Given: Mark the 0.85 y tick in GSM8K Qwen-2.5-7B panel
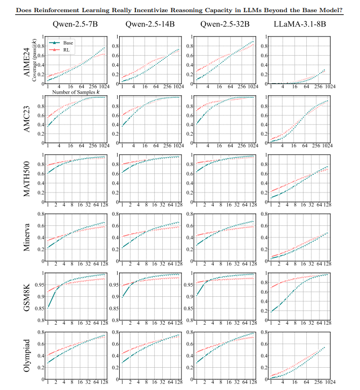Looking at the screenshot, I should coord(40,307).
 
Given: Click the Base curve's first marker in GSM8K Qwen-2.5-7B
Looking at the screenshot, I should coord(48,307).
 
